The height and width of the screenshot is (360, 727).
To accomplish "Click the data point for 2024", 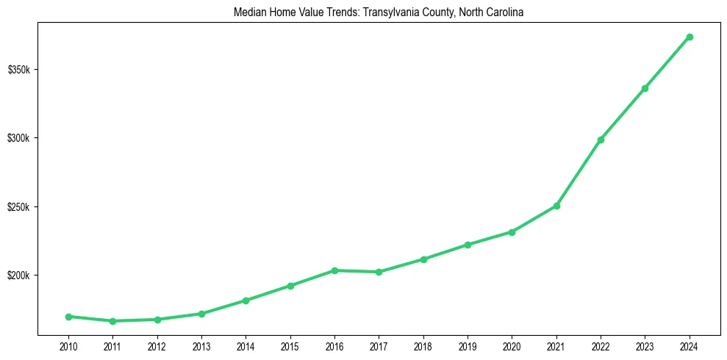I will (x=690, y=37).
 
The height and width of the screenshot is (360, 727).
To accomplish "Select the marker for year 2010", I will (x=68, y=317).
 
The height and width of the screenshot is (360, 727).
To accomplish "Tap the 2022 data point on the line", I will (x=601, y=140).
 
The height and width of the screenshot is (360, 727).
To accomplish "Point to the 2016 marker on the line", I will (x=334, y=270).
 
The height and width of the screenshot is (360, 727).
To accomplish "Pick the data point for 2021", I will (x=556, y=206).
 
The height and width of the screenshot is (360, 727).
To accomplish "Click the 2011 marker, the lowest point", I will (x=112, y=321).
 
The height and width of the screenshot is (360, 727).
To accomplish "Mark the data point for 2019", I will (x=468, y=245).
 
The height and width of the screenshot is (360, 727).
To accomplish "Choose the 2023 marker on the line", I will (x=645, y=88).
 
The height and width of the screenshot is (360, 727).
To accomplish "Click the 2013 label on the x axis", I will (x=201, y=346).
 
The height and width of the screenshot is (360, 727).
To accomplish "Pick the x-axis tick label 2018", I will (x=423, y=346).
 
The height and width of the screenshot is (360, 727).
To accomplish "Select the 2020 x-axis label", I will (x=512, y=346).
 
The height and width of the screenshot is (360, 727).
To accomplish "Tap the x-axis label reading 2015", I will (x=290, y=346).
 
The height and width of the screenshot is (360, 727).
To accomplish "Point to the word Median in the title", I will (x=248, y=12).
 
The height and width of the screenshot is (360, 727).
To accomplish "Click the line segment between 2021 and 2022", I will (x=579, y=173).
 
